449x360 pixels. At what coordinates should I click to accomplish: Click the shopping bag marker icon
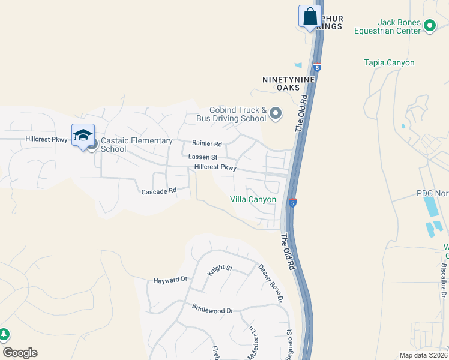310,16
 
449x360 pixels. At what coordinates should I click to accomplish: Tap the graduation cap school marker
83,135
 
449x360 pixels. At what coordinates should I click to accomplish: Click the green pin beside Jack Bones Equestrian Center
430,25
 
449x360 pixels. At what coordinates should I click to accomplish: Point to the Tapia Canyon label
389,62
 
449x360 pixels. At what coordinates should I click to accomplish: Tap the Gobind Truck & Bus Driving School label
238,114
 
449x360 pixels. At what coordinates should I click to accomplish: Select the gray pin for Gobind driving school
276,113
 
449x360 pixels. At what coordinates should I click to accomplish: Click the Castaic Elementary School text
136,145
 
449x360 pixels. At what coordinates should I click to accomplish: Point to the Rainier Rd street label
207,144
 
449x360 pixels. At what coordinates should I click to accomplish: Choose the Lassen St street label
202,157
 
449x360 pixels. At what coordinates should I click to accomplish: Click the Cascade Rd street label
158,191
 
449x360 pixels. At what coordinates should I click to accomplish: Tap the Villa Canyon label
253,199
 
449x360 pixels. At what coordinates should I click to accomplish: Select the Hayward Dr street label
170,280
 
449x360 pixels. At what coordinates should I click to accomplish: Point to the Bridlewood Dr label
212,310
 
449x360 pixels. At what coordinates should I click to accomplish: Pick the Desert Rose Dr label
270,278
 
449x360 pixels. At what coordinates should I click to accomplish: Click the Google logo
20,353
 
